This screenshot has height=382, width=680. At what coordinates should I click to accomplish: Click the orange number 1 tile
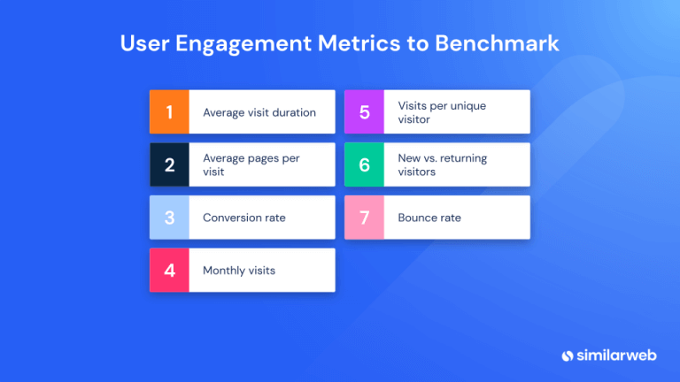click(169, 112)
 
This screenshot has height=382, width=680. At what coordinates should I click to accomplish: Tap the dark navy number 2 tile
click(169, 164)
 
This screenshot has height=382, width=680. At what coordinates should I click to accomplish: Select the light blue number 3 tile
click(169, 218)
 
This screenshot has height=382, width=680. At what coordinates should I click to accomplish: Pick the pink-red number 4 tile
click(169, 271)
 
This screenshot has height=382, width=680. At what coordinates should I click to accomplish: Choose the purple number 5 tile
click(364, 112)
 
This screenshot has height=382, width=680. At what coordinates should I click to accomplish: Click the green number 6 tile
click(364, 164)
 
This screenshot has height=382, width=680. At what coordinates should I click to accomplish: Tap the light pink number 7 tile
click(364, 218)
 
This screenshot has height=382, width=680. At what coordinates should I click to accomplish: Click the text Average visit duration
click(259, 112)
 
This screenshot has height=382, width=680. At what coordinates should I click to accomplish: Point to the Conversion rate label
click(243, 218)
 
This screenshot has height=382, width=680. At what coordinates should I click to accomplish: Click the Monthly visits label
click(238, 271)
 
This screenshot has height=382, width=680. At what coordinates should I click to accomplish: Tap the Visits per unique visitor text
click(442, 112)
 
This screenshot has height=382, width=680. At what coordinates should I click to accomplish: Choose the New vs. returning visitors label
click(442, 164)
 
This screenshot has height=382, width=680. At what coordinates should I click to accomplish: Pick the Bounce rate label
click(429, 218)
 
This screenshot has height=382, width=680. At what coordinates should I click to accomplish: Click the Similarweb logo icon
click(568, 355)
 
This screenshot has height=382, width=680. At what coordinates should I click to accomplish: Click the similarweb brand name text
click(619, 355)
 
